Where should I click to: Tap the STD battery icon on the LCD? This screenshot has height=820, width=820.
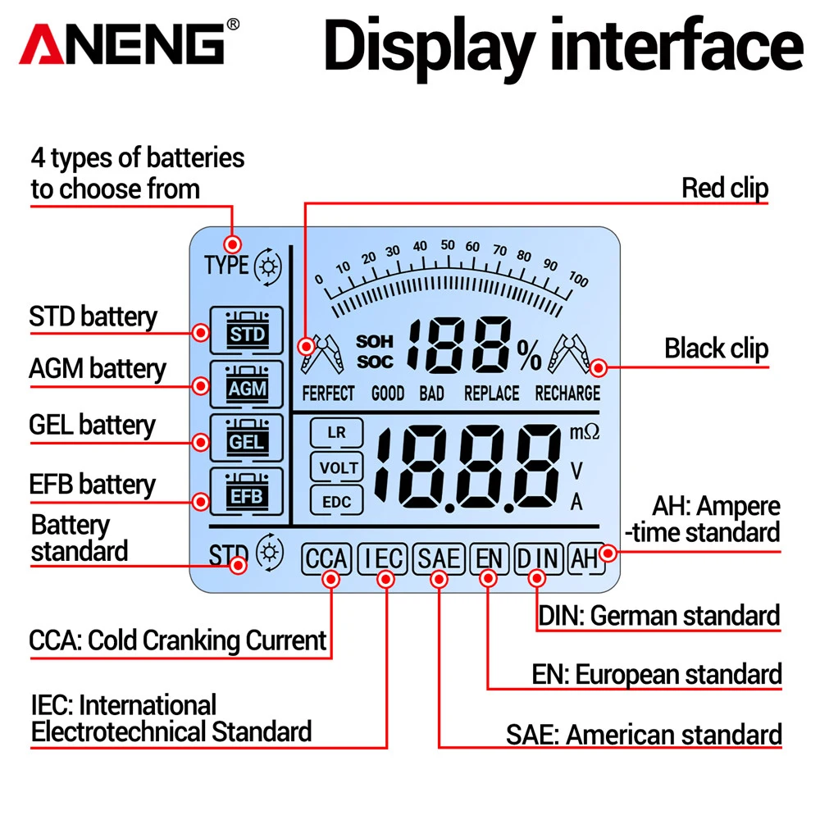pos(246,330)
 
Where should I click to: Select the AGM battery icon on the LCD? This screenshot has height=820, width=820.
pos(246,385)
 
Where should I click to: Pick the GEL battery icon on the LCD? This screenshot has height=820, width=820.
pos(246,439)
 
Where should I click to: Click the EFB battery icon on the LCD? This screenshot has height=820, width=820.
pos(246,492)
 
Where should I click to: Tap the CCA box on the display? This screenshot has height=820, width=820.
pos(327,559)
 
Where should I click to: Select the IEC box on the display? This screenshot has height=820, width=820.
pos(383,559)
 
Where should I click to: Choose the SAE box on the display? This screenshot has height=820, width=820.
pos(439,559)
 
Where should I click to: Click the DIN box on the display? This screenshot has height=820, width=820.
pos(537,559)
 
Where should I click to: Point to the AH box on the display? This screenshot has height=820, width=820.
pos(585,559)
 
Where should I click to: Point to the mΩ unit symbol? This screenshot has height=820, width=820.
pos(585,432)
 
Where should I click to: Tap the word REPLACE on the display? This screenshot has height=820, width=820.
pos(491,394)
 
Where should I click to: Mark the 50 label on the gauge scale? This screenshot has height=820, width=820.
pos(447,244)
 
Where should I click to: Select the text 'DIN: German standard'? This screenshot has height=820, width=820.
pos(658,615)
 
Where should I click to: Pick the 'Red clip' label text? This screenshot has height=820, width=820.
pos(725,188)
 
